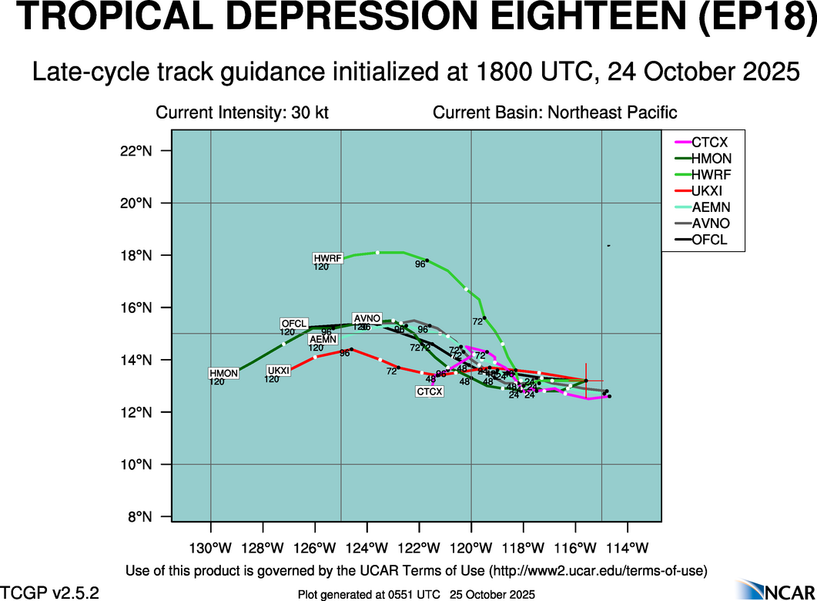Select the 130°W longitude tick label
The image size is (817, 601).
(x=211, y=548)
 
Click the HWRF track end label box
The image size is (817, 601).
(x=327, y=257)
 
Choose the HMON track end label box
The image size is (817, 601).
(x=224, y=374)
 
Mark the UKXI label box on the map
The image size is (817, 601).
(x=278, y=371)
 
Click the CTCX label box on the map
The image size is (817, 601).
(x=430, y=391)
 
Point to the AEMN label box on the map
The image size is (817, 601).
(x=322, y=339)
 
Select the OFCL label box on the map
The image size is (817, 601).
(x=294, y=324)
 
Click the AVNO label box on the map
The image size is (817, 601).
(x=367, y=318)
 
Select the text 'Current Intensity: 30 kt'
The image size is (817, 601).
(x=242, y=112)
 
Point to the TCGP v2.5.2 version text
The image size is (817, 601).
(x=49, y=593)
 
